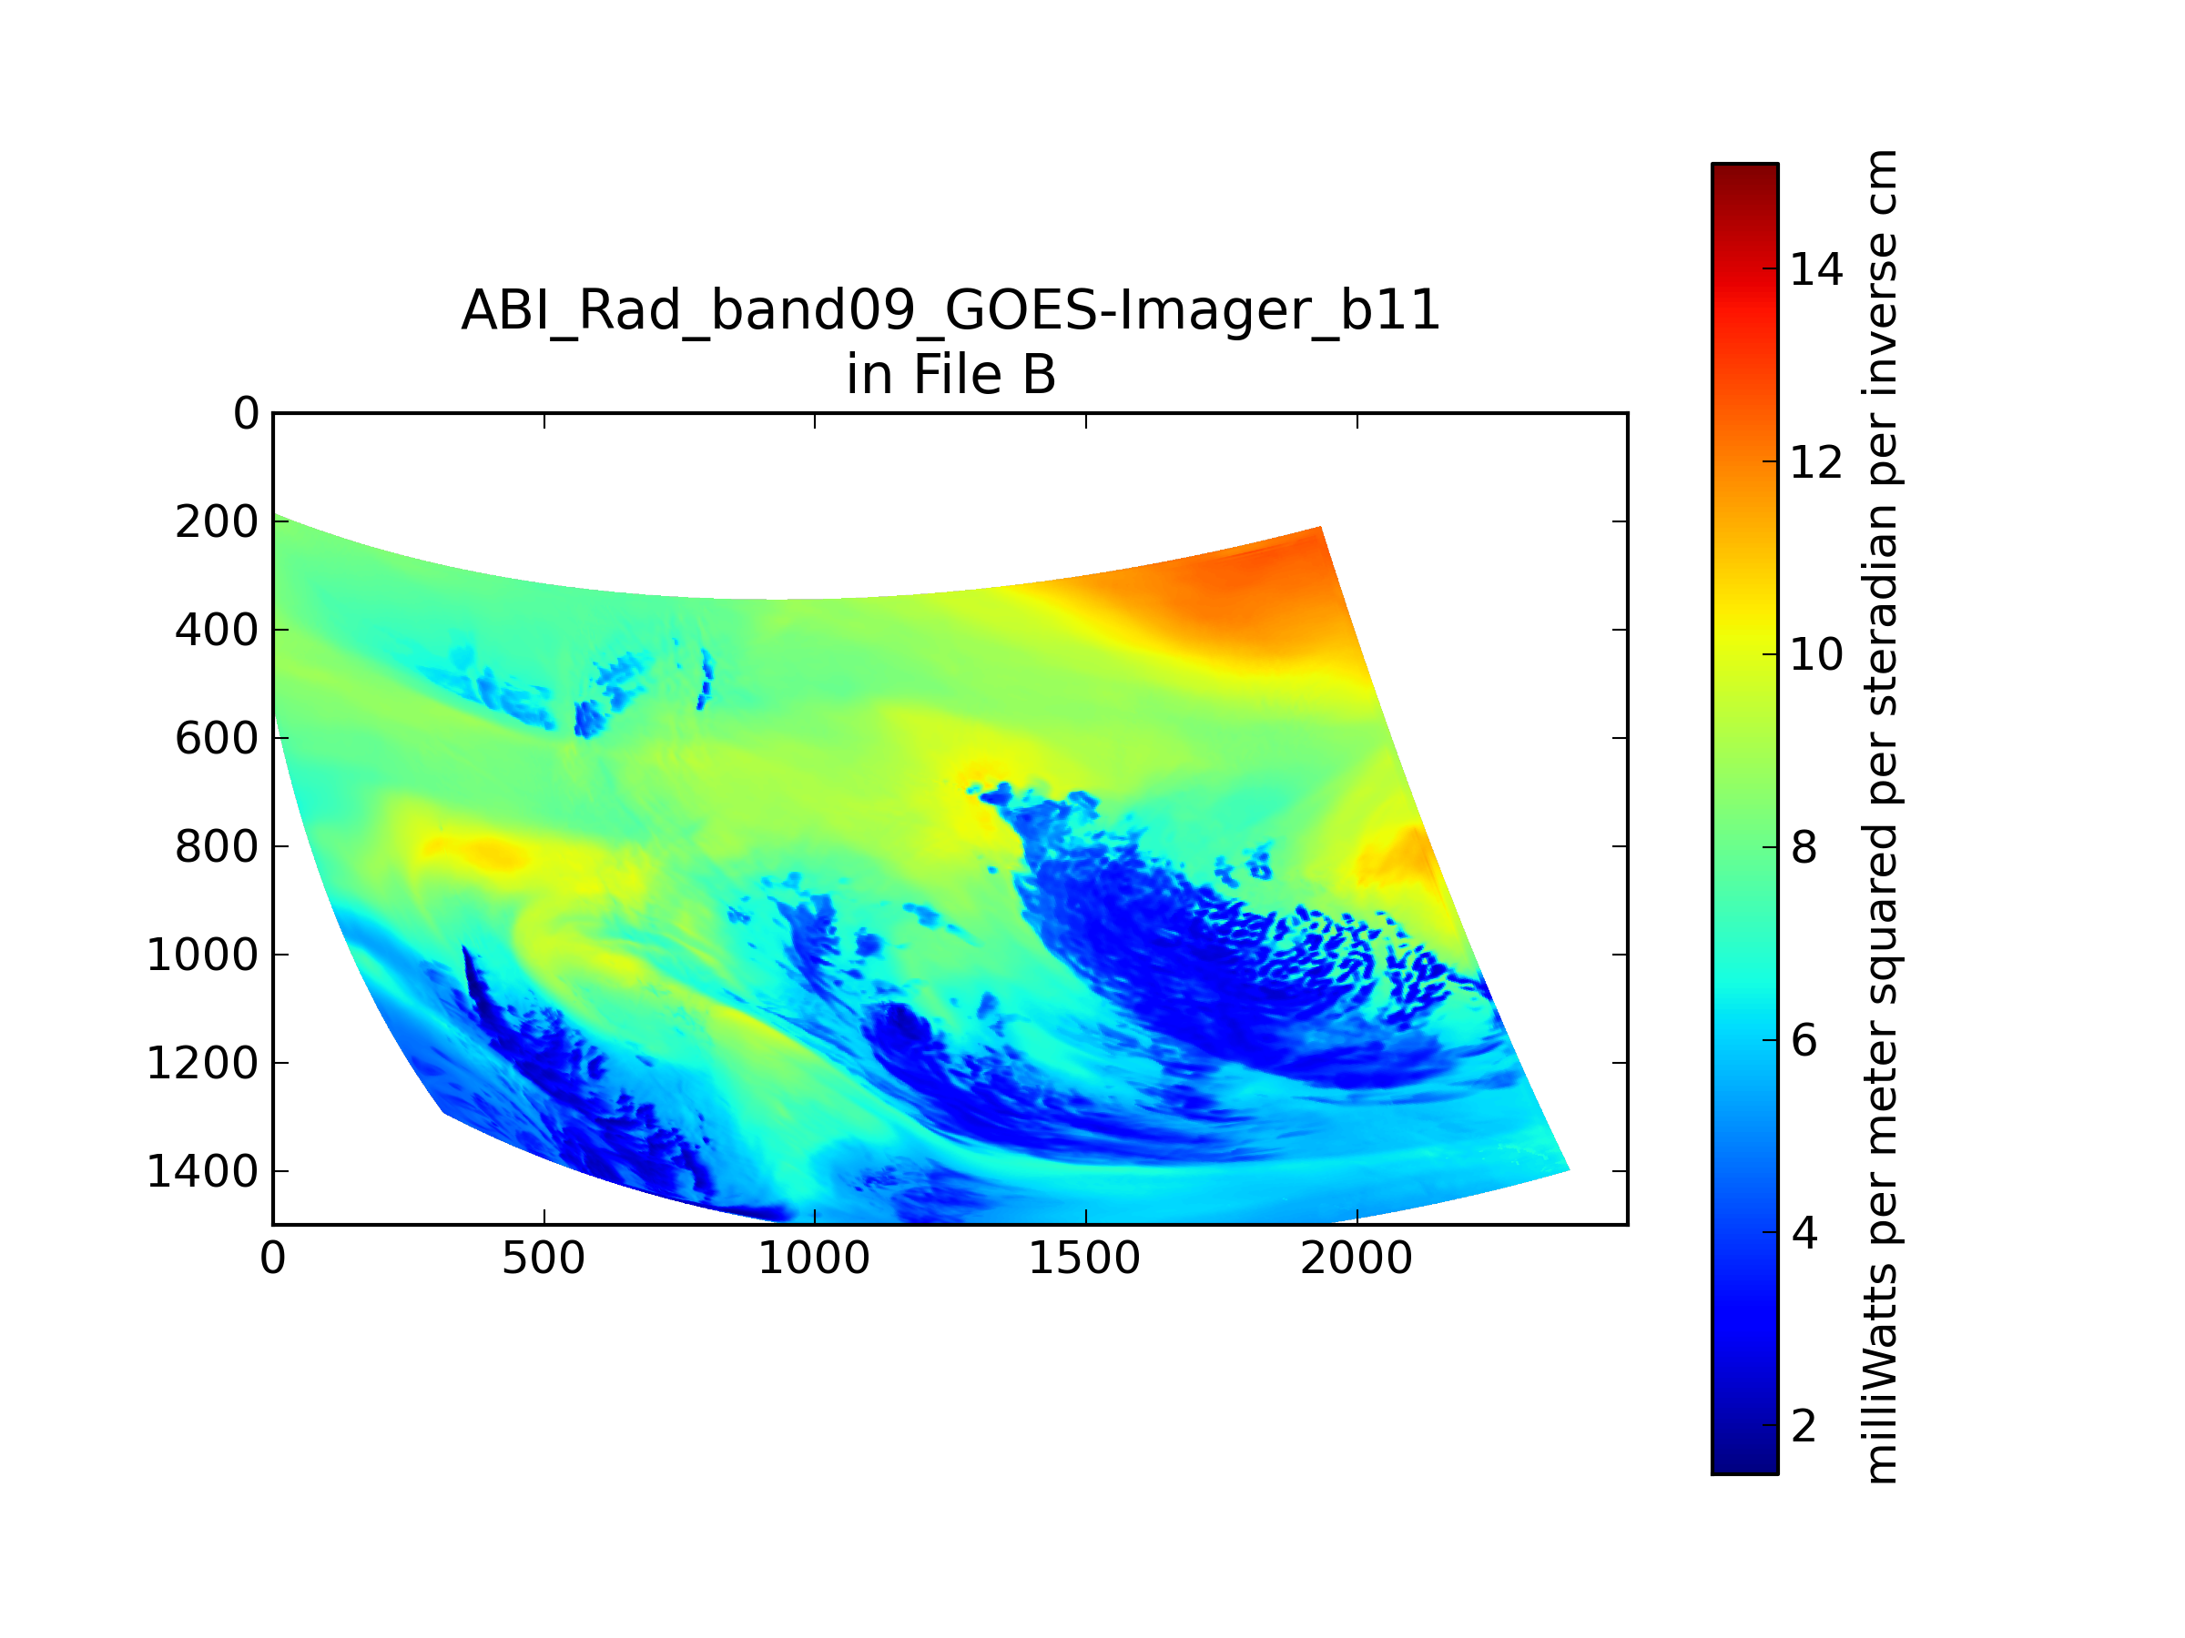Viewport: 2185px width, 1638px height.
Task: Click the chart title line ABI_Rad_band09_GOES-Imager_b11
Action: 950,311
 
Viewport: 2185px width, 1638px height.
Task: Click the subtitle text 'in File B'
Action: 950,375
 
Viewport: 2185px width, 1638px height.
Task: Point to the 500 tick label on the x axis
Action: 544,1259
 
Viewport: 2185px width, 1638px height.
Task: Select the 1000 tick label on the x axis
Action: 814,1259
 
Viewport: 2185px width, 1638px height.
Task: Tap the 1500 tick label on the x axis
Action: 1084,1259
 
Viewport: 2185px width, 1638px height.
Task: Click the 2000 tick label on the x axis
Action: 1357,1259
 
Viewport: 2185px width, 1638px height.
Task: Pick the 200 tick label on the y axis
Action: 218,522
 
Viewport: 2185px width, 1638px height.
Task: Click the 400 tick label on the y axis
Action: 218,630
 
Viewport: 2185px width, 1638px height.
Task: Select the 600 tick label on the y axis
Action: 218,739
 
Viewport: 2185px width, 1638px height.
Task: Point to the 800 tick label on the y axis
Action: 218,847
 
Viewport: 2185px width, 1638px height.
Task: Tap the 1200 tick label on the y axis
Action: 202,1064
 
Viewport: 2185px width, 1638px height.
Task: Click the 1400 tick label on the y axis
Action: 202,1172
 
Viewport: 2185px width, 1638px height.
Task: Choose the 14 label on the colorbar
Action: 1816,269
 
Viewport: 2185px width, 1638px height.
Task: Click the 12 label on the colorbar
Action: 1816,462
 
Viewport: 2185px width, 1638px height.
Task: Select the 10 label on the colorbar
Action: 1816,654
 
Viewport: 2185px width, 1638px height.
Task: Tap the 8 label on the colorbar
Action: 1804,847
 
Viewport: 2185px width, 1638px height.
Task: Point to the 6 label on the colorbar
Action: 1804,1039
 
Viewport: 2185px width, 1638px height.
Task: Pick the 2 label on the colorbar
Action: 1804,1426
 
